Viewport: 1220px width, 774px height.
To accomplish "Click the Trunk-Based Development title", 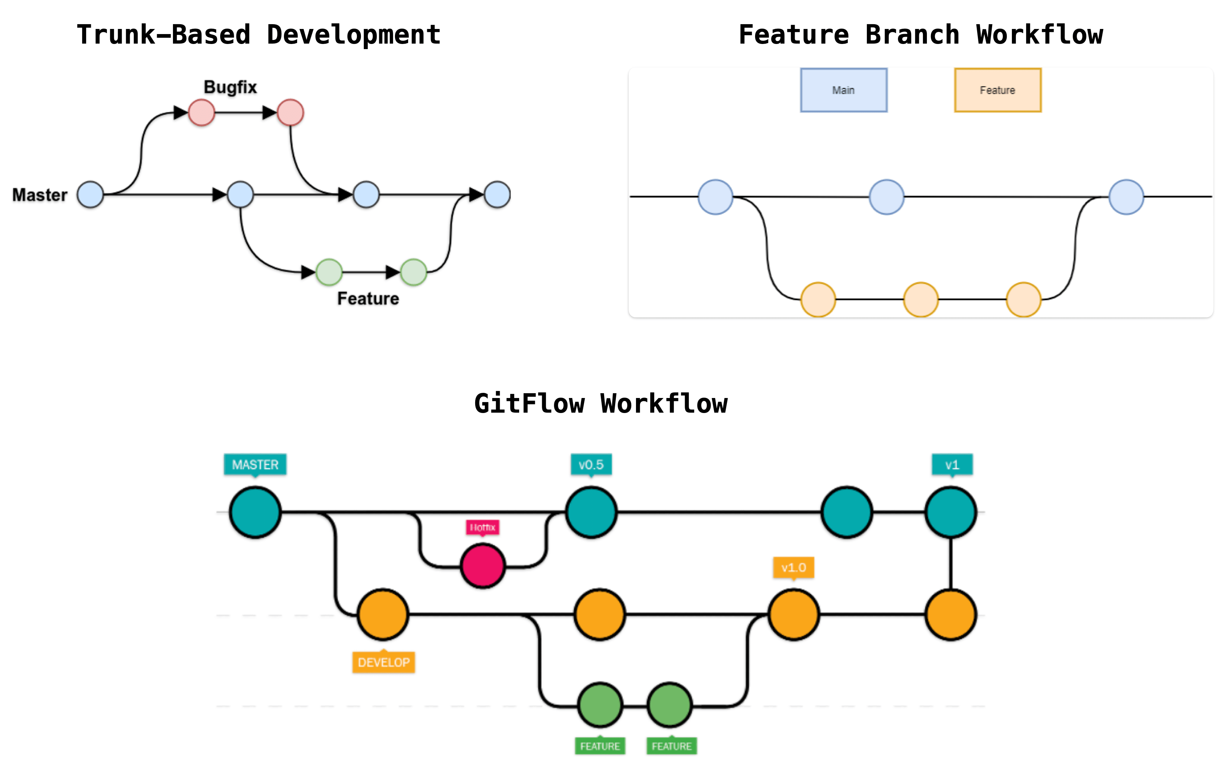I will pos(258,35).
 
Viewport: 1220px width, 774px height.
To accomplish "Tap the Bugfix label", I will pos(230,87).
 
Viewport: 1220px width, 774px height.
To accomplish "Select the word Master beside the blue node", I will pos(40,195).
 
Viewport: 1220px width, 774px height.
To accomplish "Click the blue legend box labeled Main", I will pos(844,90).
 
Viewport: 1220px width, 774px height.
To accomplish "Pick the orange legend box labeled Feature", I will pos(998,90).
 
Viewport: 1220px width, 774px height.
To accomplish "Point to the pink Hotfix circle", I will pos(483,565).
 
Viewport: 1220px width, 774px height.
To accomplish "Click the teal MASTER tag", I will pos(255,464).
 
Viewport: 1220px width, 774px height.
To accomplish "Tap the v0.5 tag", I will pos(591,464).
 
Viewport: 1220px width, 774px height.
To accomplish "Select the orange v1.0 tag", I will pos(794,567).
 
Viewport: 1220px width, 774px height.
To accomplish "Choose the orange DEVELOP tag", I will pos(384,662).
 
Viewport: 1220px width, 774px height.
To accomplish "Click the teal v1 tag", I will pos(952,464).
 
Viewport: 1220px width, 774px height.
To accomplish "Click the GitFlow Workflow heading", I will pos(600,404).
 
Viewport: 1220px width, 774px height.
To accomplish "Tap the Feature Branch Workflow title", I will pos(921,35).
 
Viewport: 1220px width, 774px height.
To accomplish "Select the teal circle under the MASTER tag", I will pos(255,512).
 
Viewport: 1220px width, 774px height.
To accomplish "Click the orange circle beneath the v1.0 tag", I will pos(794,614).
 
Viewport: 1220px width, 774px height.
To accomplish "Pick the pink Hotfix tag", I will pos(483,527).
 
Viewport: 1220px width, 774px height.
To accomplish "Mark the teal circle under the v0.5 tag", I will pos(591,512).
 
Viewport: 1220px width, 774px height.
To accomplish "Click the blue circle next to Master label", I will pos(90,195).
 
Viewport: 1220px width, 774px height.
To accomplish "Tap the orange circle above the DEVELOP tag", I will pos(383,614).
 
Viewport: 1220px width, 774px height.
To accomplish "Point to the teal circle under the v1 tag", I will pos(951,512).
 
